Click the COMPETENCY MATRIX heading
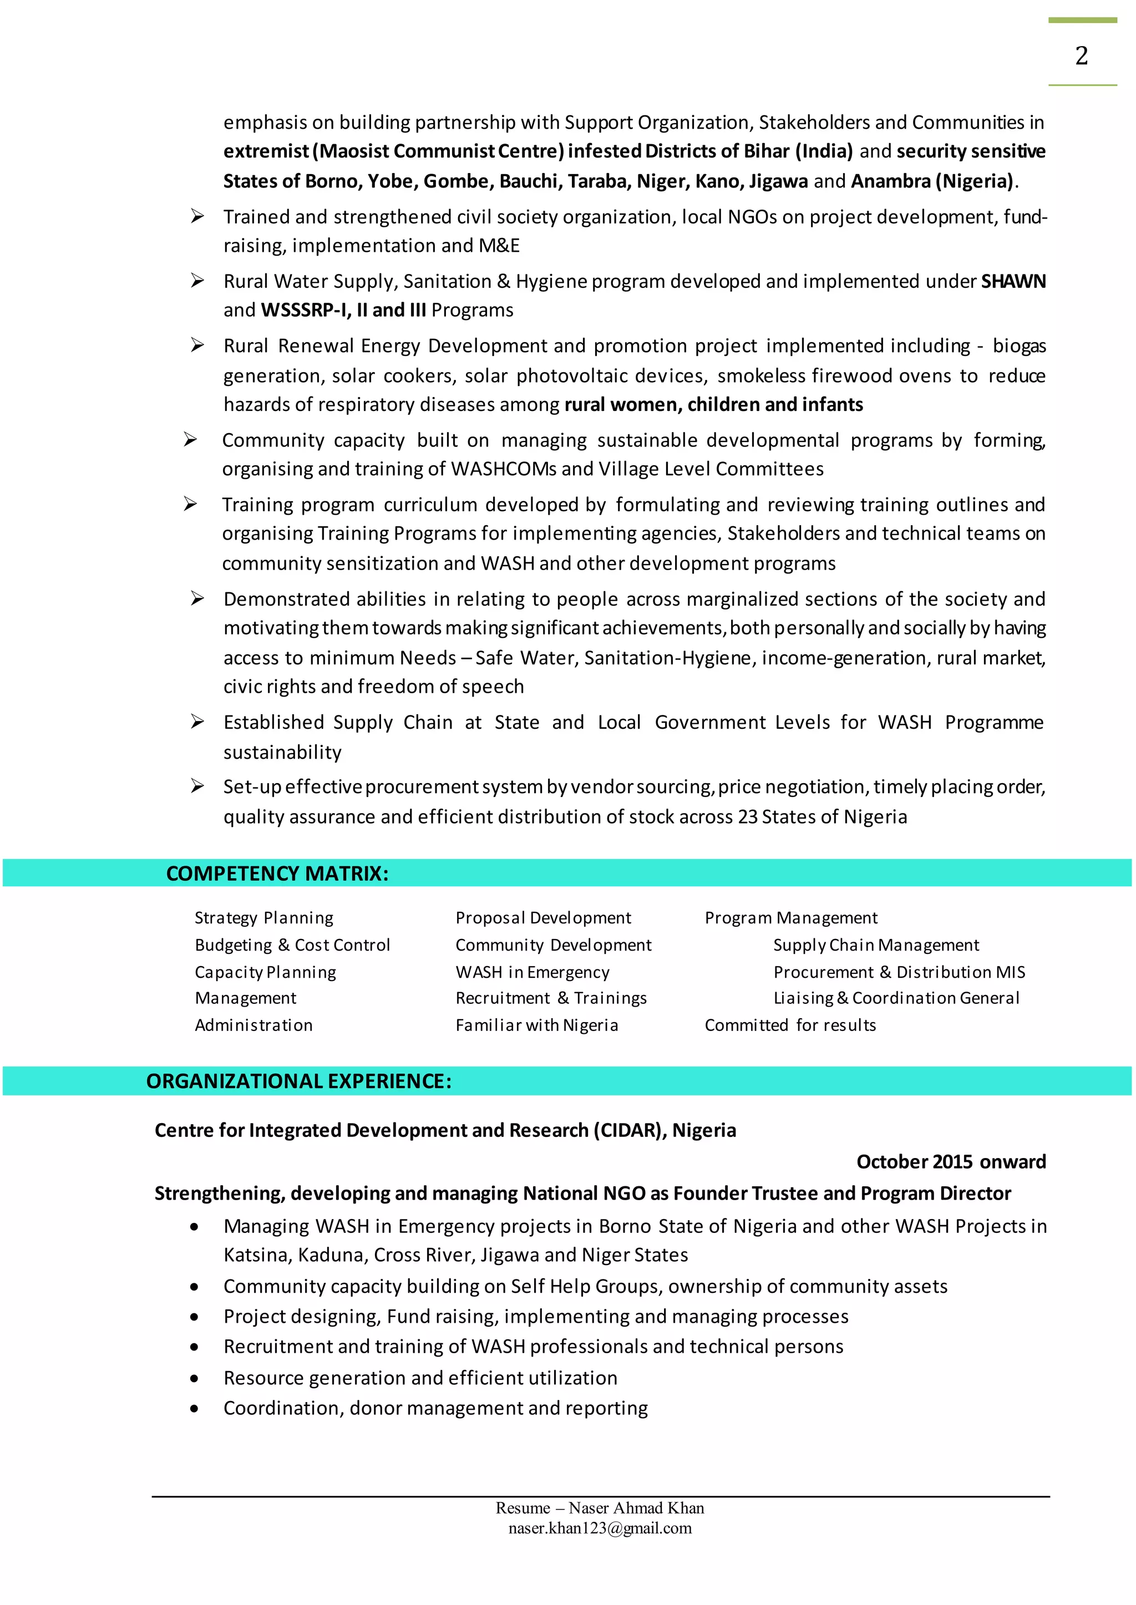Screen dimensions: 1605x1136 277,873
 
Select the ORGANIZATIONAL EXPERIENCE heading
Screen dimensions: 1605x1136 298,1081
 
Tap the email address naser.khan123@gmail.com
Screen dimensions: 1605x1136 600,1528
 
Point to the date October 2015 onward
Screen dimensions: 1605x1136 951,1162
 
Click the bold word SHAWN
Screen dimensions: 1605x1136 1013,281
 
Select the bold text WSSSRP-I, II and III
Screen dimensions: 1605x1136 343,310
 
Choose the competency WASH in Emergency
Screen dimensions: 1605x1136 532,972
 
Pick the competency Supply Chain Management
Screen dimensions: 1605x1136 876,945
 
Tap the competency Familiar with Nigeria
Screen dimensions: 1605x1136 536,1025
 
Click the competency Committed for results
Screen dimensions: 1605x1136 790,1025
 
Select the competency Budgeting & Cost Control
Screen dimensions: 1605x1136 292,945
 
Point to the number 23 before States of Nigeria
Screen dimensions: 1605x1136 747,817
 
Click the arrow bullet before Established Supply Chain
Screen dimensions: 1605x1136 197,722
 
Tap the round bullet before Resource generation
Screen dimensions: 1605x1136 194,1378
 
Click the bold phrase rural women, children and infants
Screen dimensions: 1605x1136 713,404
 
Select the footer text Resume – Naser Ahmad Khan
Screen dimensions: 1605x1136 600,1508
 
